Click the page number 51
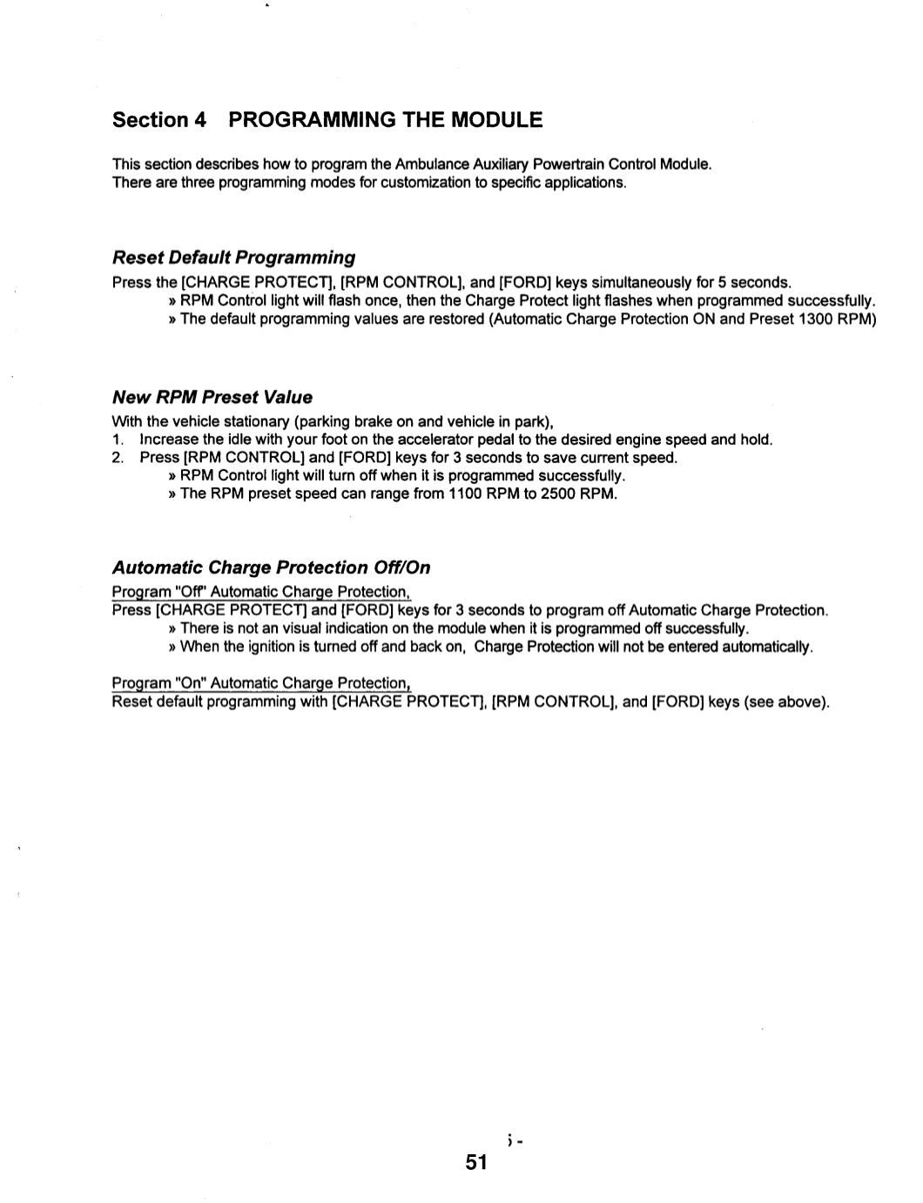point(476,1162)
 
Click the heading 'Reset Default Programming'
point(233,258)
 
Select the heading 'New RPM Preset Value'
point(212,397)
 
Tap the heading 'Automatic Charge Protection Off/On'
point(271,568)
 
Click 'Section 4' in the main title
point(159,120)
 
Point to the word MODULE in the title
point(497,120)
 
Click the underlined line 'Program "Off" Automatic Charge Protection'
point(260,592)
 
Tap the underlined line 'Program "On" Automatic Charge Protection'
point(260,683)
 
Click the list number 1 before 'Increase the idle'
point(118,440)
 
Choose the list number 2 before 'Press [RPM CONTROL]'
point(118,458)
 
